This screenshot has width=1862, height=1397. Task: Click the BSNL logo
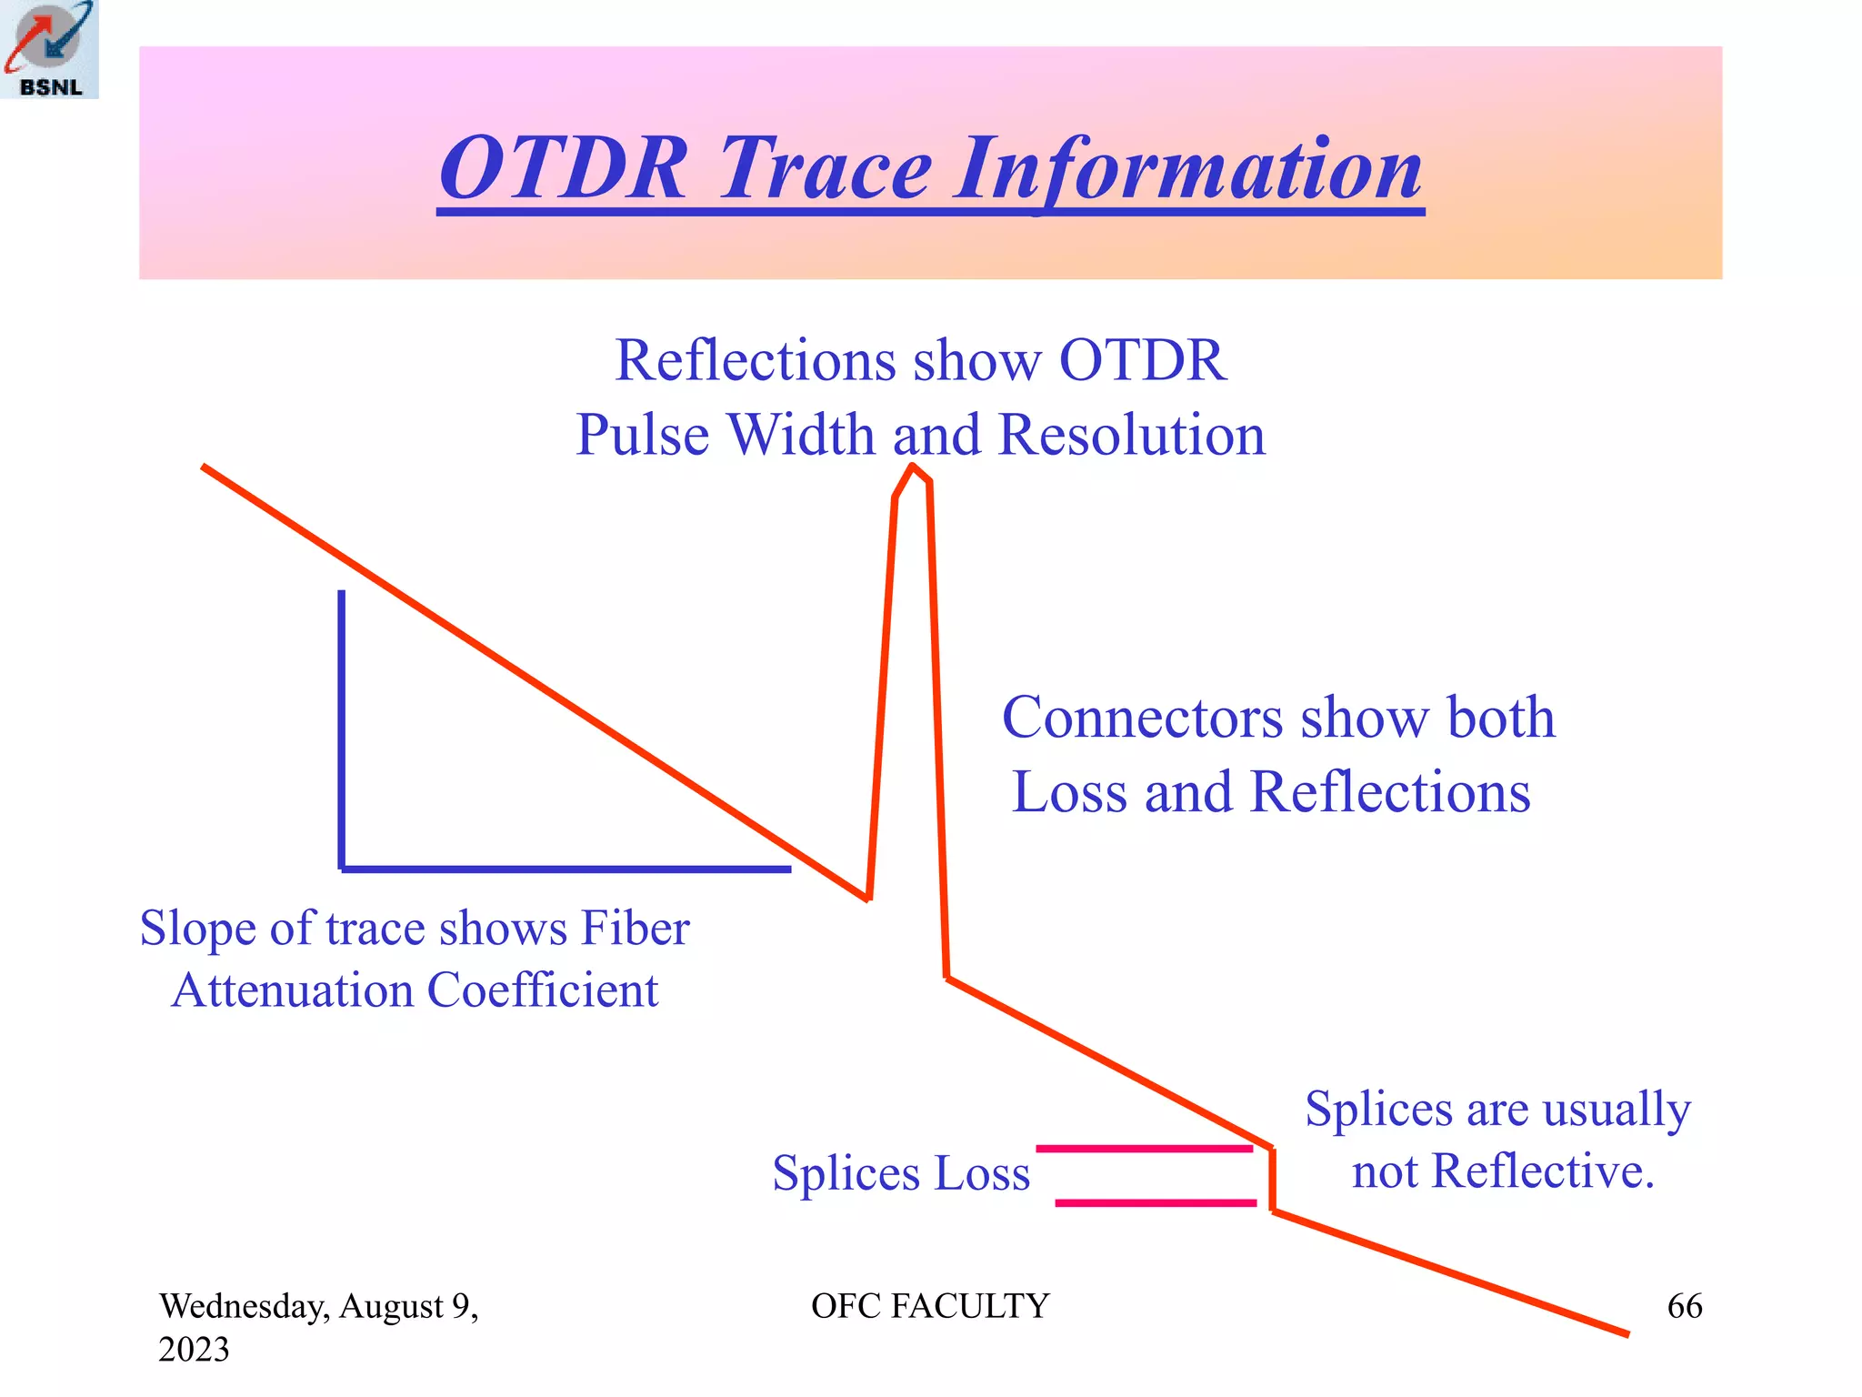tap(49, 49)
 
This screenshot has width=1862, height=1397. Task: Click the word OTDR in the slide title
tap(564, 169)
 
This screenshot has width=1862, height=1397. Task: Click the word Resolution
tap(1131, 435)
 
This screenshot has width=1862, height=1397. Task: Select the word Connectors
tap(1142, 719)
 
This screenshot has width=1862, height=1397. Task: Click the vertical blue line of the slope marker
tap(342, 728)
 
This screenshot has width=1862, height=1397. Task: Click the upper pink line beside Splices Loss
tap(1144, 1149)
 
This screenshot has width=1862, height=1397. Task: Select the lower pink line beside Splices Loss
tap(1155, 1202)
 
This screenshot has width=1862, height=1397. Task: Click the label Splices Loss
tap(900, 1173)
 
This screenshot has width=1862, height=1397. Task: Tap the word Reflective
tap(1542, 1171)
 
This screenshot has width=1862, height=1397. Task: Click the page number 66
tap(1684, 1306)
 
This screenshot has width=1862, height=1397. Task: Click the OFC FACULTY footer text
tap(929, 1306)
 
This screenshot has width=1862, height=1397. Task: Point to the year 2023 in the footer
tap(194, 1350)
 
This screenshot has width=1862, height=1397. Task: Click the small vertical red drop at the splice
tap(1272, 1180)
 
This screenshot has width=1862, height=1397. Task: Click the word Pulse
tap(642, 435)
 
